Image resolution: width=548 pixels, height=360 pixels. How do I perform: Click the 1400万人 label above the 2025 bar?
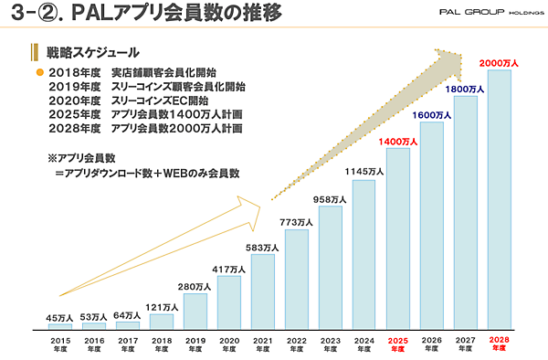pyautogui.click(x=398, y=142)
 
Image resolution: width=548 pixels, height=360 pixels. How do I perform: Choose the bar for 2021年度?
pyautogui.click(x=263, y=291)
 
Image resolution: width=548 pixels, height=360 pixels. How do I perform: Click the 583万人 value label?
pyautogui.click(x=263, y=248)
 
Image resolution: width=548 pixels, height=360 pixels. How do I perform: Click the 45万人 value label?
pyautogui.click(x=59, y=317)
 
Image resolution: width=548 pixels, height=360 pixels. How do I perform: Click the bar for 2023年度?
pyautogui.click(x=331, y=267)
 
